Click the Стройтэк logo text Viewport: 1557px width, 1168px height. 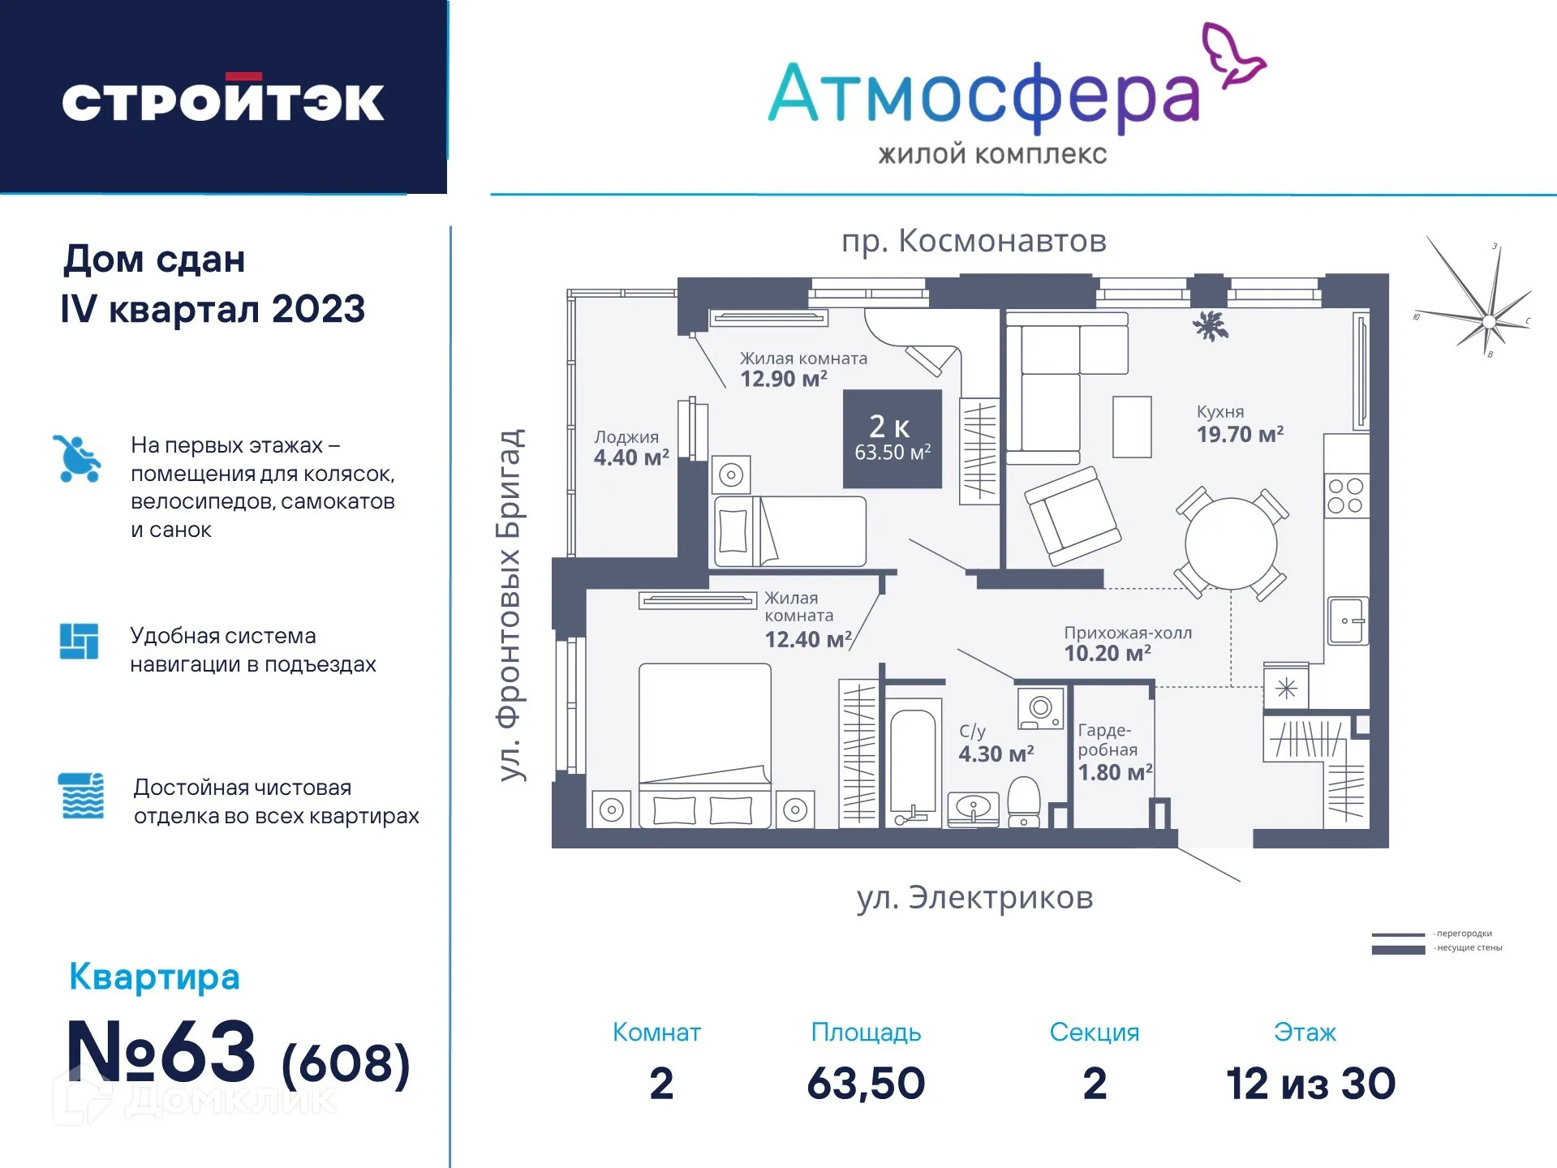[x=223, y=101]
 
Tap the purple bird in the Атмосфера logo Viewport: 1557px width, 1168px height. [x=1232, y=55]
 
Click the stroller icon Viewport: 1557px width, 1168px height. [x=78, y=459]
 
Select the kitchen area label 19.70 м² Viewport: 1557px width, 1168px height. [x=1239, y=434]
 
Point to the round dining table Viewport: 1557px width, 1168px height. [x=1230, y=543]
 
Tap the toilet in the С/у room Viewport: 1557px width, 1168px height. [x=1024, y=800]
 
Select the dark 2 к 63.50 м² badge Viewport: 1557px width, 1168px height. [x=892, y=439]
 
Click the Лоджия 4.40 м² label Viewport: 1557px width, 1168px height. [x=630, y=449]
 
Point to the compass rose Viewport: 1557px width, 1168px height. [x=1487, y=320]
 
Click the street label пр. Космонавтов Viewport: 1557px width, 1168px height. [x=974, y=241]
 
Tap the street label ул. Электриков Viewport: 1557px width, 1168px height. [x=974, y=898]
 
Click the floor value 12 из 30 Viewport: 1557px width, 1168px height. [x=1310, y=1084]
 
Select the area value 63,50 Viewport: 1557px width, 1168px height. [x=866, y=1084]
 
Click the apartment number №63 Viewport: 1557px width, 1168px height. [x=161, y=1052]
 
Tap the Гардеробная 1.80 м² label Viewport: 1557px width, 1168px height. [x=1113, y=751]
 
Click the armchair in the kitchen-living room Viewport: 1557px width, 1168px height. [x=1072, y=515]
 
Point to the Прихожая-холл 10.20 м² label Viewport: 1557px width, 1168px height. [x=1126, y=643]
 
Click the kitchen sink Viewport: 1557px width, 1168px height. [x=1346, y=620]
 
